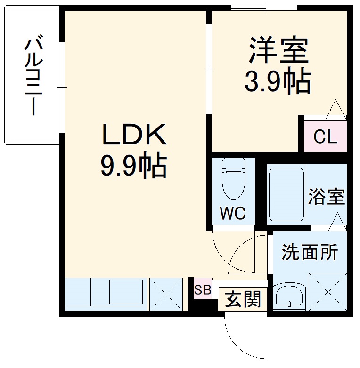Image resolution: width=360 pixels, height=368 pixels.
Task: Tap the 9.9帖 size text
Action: [x=134, y=166]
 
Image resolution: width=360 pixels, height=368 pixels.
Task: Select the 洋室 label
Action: [x=278, y=51]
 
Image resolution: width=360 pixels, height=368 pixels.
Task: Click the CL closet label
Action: [x=326, y=137]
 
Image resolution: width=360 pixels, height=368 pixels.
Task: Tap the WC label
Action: [x=233, y=214]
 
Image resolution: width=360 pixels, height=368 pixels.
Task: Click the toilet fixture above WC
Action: [x=233, y=179]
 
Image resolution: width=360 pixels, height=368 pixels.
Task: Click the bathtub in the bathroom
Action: [x=286, y=194]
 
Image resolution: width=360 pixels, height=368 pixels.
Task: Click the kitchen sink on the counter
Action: [x=126, y=292]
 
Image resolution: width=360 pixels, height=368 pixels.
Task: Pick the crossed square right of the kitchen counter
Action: [x=166, y=294]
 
